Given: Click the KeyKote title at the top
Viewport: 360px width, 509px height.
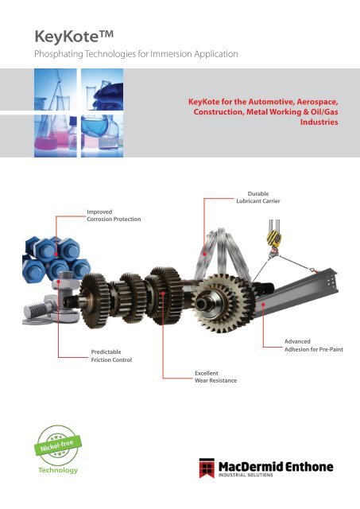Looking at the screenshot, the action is tap(74, 36).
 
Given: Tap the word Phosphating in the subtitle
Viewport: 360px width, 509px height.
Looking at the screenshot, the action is tap(59, 54).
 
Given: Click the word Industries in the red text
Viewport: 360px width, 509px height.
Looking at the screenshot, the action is tap(319, 122).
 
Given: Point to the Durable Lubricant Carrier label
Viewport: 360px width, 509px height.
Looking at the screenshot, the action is tap(257, 197).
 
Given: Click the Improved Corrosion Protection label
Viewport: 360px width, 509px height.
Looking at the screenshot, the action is tap(114, 216).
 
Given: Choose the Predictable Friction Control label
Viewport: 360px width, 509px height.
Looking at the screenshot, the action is tap(111, 356).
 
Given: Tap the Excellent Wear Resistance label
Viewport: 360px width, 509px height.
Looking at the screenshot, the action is tap(215, 377).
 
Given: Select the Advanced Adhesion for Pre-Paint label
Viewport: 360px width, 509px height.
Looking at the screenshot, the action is tap(314, 345).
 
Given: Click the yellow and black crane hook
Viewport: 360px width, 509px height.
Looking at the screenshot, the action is tap(274, 239).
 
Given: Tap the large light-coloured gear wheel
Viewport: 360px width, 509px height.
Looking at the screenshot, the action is tap(224, 303).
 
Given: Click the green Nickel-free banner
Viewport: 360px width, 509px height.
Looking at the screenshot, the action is tap(58, 445).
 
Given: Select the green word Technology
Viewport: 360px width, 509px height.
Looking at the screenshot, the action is tap(58, 470).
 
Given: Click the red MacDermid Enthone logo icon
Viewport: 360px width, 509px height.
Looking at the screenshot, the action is tap(207, 468).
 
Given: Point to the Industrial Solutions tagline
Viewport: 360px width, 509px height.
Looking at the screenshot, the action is tap(246, 475).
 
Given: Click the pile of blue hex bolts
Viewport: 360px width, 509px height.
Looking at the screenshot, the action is tap(56, 258).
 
